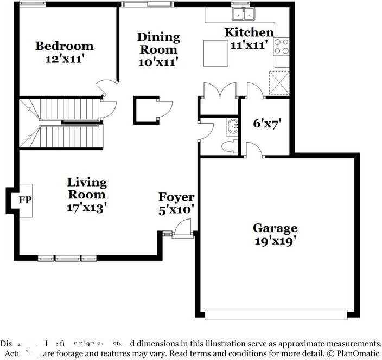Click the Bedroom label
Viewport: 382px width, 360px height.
coord(64,46)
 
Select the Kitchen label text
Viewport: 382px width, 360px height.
coord(249,33)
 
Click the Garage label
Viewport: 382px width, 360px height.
coord(275,228)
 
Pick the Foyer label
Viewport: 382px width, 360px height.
coord(176,197)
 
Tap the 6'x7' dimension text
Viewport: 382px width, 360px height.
coord(265,124)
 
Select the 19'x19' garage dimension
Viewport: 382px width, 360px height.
coord(275,241)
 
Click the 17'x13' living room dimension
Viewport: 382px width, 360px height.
coord(87,207)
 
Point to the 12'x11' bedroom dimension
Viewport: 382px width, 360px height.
coord(64,59)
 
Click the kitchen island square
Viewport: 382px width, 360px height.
coord(215,52)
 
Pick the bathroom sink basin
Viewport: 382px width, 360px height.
coord(232,126)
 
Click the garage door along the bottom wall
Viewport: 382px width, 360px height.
coord(275,314)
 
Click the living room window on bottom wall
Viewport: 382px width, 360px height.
coord(67,258)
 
